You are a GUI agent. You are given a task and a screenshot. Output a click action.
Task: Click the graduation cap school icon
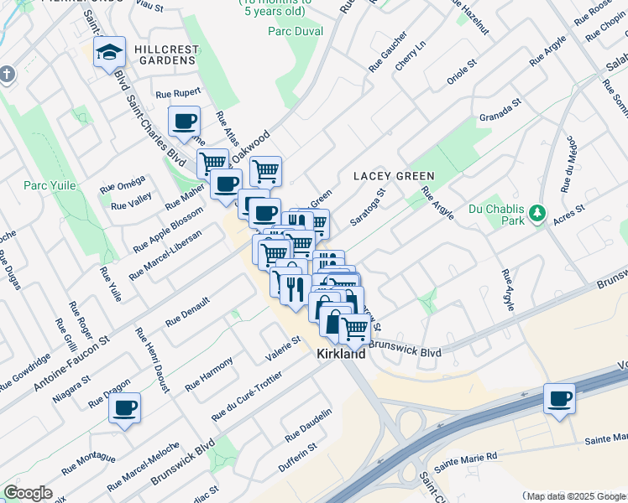[109, 53]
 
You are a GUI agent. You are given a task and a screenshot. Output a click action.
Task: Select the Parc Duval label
[295, 32]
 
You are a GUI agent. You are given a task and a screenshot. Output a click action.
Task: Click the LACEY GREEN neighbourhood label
[394, 176]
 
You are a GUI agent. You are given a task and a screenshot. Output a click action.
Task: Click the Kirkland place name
[341, 355]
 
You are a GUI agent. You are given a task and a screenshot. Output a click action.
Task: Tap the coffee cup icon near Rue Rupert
[185, 122]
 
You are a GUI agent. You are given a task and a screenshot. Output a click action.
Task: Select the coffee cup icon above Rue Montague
[125, 408]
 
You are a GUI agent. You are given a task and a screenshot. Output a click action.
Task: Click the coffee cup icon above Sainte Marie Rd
[559, 398]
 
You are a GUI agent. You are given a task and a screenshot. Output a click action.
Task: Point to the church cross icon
[8, 74]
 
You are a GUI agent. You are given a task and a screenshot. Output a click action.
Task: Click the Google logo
[28, 493]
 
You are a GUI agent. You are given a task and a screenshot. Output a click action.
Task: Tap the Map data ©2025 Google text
[574, 496]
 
